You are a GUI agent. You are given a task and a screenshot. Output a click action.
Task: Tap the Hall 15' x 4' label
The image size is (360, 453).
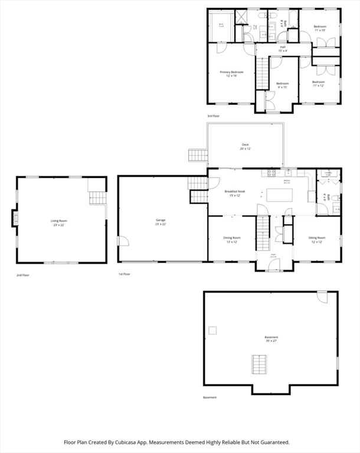[283, 48]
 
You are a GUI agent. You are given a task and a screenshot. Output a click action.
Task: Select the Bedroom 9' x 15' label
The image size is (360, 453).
[283, 85]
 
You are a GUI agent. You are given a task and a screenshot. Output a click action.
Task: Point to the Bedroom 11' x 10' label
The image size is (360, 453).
[319, 28]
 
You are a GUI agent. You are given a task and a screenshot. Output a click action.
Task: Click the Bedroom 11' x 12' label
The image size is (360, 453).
[318, 84]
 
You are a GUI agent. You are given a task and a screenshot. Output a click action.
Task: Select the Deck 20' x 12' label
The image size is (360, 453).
[245, 146]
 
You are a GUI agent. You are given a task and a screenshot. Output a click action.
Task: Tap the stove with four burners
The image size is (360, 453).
[272, 173]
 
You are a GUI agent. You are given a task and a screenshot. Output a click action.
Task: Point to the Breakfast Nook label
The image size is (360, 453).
[232, 193]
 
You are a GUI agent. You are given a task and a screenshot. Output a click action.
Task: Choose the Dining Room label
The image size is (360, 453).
[231, 239]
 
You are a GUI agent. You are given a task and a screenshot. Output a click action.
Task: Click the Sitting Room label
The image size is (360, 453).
[317, 239]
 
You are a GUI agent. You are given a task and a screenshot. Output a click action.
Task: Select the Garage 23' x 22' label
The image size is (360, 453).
[161, 222]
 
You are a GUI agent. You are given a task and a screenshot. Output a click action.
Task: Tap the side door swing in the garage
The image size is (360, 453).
[123, 241]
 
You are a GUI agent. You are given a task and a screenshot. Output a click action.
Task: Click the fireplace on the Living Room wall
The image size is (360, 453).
[15, 219]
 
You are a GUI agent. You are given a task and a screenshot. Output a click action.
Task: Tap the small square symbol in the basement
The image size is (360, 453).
[212, 330]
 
